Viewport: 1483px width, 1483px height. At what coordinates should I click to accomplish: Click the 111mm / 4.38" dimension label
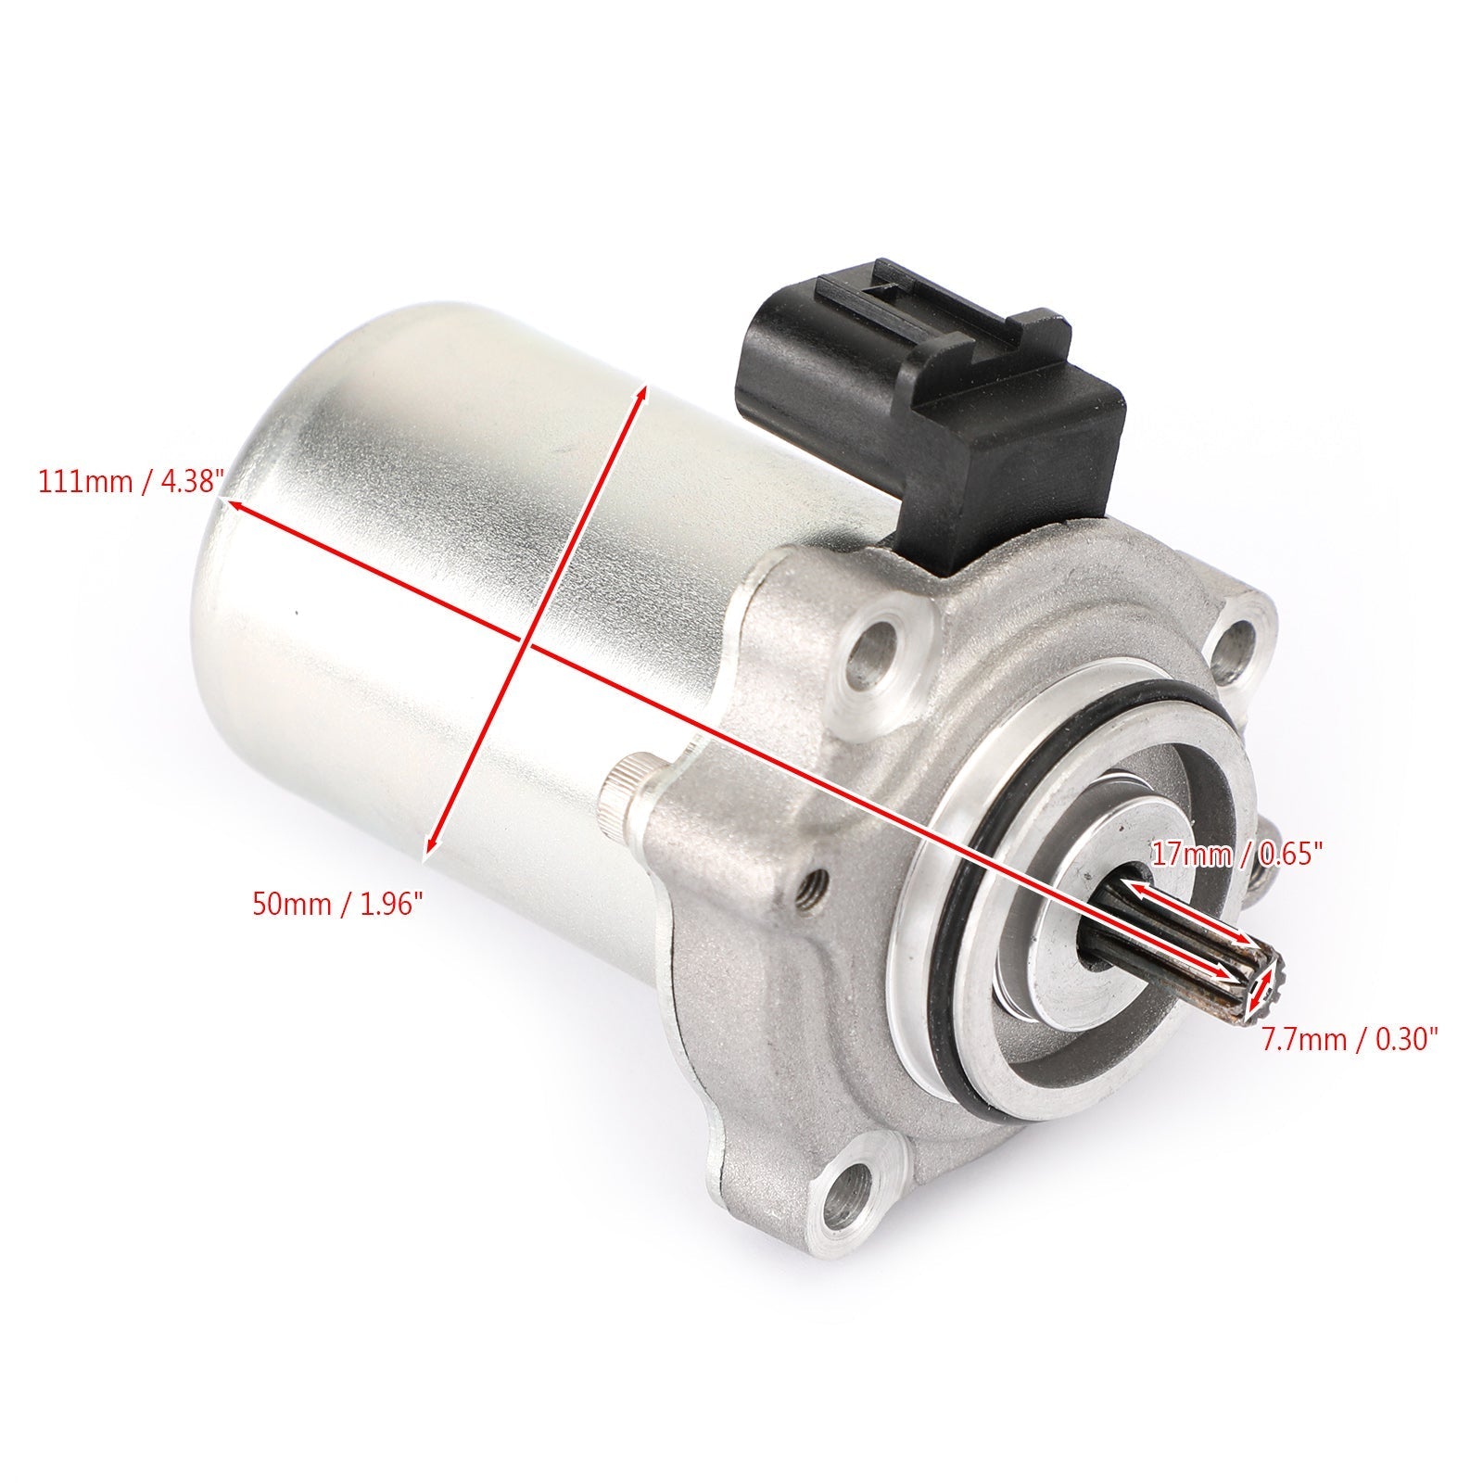131,483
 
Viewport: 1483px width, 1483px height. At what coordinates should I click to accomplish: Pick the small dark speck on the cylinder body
296,612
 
